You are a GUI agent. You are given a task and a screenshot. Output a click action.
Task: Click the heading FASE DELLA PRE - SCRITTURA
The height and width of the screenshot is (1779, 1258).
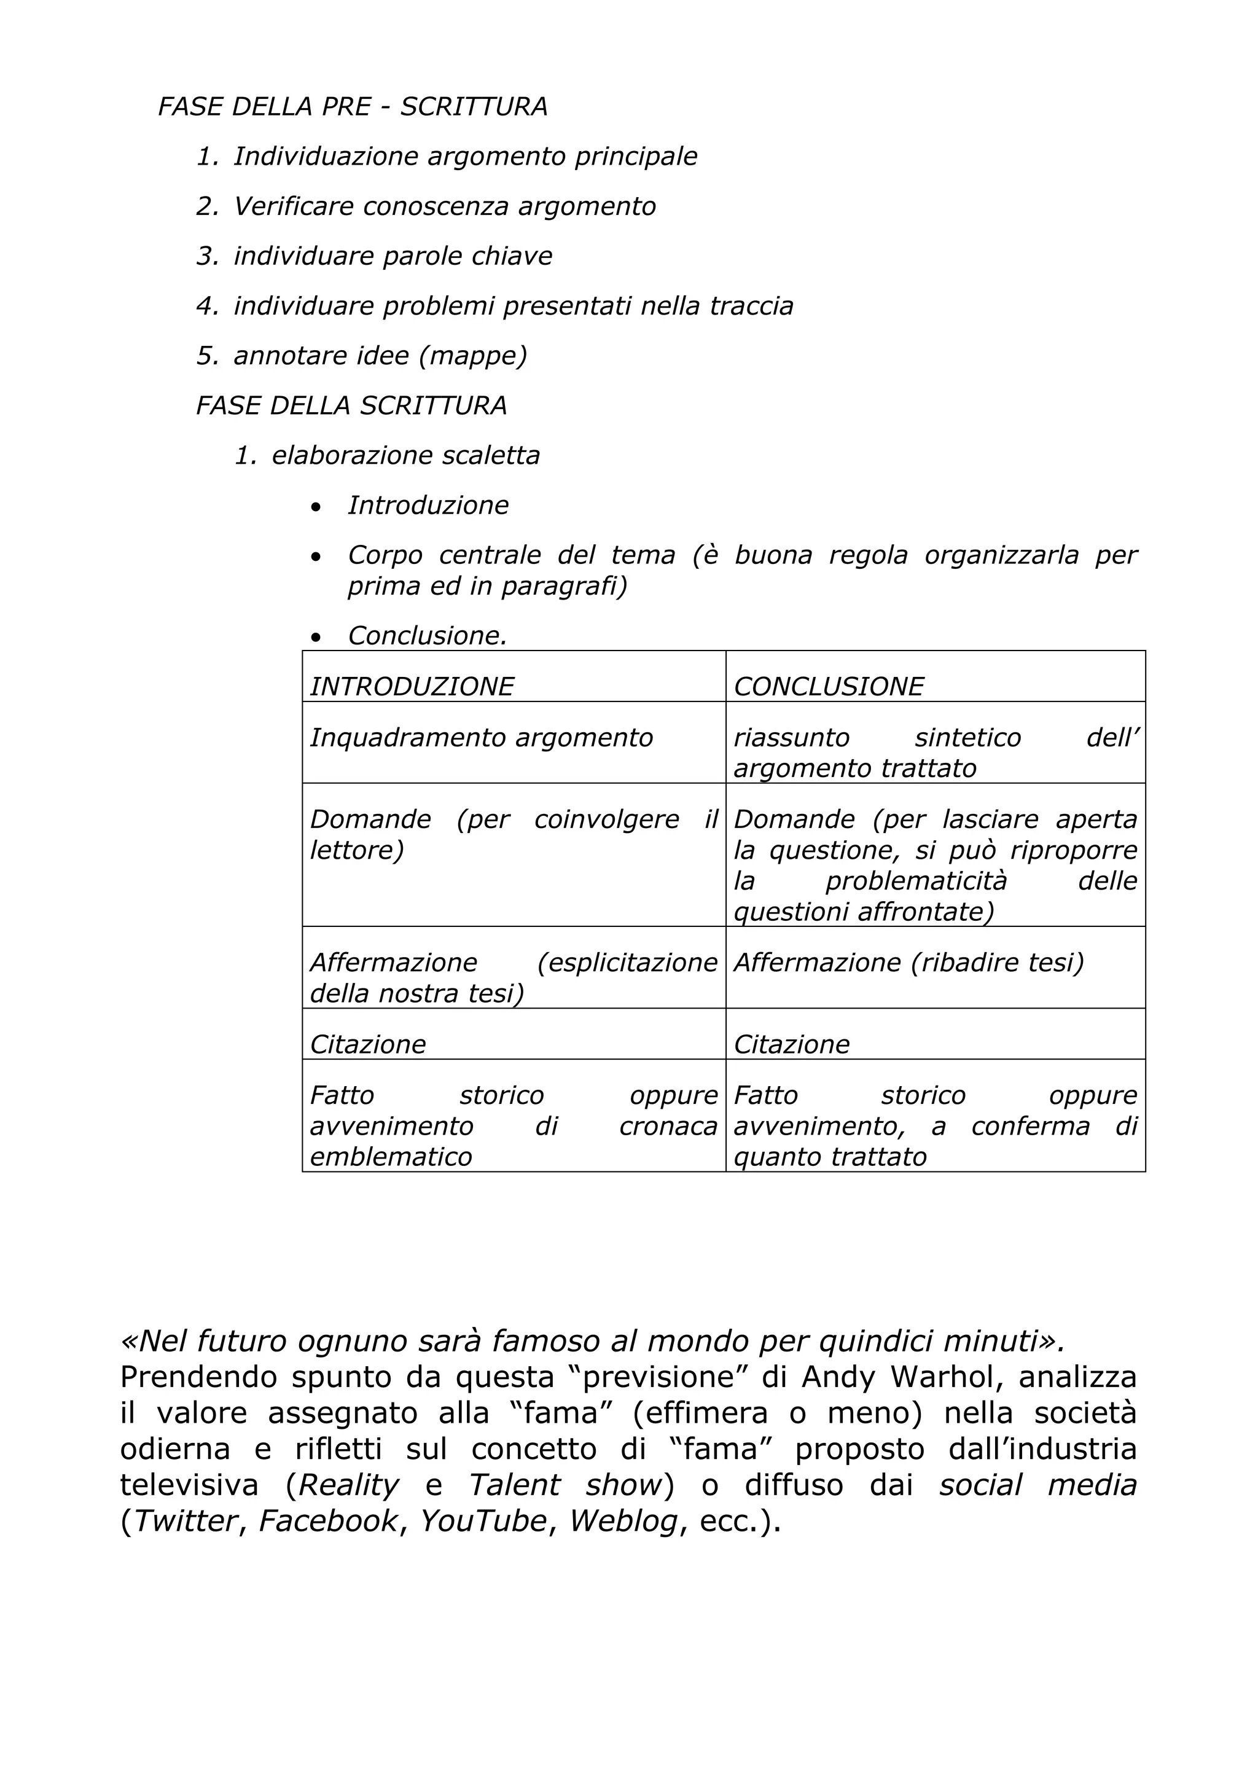[x=353, y=107]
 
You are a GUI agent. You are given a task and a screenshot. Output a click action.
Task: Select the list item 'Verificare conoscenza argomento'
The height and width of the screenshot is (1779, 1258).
[x=445, y=206]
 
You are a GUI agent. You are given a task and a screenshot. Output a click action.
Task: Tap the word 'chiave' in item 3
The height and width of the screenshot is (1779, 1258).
[x=517, y=256]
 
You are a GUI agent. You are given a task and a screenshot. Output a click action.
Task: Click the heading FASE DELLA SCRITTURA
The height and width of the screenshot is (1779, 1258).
[x=351, y=405]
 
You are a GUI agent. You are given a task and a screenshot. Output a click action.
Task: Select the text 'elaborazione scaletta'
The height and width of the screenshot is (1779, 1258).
[x=405, y=456]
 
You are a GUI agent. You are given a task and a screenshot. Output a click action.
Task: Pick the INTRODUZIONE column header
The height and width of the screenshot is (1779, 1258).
[x=412, y=687]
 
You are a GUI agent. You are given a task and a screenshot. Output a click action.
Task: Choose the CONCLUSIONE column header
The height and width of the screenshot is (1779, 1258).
[x=828, y=687]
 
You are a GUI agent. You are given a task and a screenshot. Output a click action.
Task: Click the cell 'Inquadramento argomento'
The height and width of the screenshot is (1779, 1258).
[x=481, y=738]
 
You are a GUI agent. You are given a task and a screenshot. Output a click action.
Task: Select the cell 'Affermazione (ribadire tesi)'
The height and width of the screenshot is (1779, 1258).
[x=908, y=963]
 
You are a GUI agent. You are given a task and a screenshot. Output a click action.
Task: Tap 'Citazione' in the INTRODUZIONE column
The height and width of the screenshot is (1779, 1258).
[x=368, y=1044]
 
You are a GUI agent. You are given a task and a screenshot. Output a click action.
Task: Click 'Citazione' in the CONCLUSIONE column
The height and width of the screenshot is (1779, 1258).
[x=791, y=1044]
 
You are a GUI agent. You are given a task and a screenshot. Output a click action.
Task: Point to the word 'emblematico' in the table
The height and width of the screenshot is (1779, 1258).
[x=391, y=1157]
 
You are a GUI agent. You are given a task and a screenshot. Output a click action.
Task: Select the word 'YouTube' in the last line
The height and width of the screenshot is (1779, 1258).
[x=483, y=1521]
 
